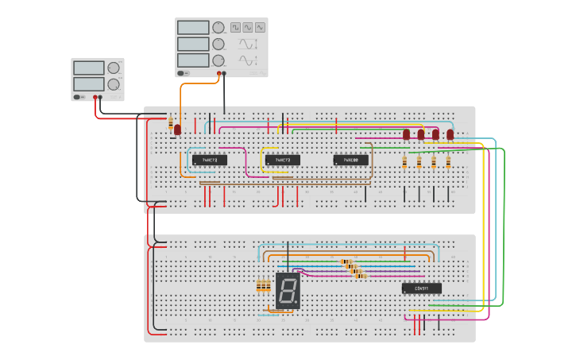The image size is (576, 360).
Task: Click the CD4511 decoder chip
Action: [x=421, y=288]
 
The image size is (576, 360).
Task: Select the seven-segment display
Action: [x=288, y=291]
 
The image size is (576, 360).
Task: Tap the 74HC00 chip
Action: [x=350, y=160]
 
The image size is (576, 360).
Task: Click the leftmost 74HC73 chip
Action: [x=210, y=160]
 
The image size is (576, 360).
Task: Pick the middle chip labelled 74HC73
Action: [x=282, y=160]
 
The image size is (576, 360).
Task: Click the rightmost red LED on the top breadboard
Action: [x=450, y=134]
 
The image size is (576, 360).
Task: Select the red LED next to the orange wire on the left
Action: [x=178, y=129]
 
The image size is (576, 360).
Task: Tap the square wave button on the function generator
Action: [x=236, y=27]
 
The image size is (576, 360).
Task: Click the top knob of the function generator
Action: [x=218, y=27]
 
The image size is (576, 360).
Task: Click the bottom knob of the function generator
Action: [x=218, y=60]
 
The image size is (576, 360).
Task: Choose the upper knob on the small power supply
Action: [x=114, y=68]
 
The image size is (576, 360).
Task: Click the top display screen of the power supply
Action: [x=89, y=68]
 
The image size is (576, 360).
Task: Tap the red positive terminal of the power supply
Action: [x=95, y=97]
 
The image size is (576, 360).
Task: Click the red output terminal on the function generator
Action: [x=218, y=73]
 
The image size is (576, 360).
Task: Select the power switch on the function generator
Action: [x=184, y=73]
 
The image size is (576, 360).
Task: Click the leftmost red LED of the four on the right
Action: [x=406, y=134]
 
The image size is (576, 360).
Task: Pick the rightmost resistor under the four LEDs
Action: [x=448, y=163]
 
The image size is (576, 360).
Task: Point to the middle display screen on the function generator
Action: [x=193, y=44]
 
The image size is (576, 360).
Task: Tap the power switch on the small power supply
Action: [x=79, y=97]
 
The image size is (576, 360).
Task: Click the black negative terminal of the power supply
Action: [x=101, y=97]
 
